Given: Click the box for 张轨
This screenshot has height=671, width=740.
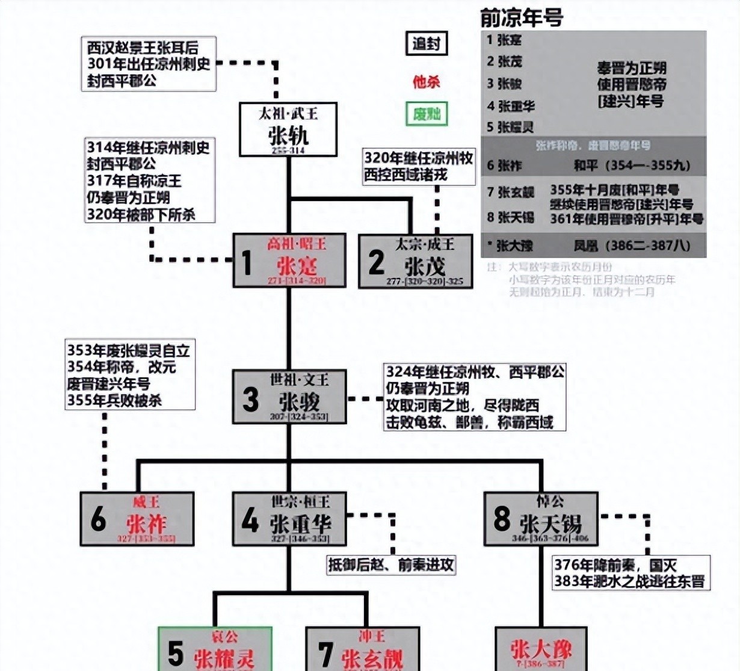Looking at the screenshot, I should click(x=288, y=129).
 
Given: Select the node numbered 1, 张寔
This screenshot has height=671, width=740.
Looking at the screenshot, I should click(x=289, y=261).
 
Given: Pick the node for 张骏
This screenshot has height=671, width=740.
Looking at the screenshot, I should click(x=289, y=397).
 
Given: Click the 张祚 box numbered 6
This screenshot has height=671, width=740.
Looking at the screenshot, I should click(x=137, y=519).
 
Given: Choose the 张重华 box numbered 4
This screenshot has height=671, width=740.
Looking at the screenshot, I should click(x=289, y=519).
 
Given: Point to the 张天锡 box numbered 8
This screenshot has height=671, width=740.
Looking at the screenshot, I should click(x=541, y=519).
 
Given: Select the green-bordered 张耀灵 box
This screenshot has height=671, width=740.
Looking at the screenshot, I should click(x=215, y=650).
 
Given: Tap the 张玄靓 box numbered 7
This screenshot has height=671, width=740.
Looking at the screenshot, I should click(x=363, y=650).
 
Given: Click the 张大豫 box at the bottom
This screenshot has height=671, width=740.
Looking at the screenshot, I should click(x=541, y=650).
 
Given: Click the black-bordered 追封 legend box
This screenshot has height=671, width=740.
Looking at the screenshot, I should click(x=427, y=43).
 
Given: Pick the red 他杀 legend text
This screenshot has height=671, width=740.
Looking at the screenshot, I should click(x=427, y=81).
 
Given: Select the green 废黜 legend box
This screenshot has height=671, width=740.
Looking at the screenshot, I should click(x=427, y=114).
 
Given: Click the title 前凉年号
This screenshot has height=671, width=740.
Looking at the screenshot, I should click(x=522, y=18).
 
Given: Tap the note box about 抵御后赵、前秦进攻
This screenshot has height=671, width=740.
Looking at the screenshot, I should click(x=391, y=564).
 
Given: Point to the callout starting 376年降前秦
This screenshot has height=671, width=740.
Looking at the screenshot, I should click(x=631, y=573).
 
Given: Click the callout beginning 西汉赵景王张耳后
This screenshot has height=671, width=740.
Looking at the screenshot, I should click(x=149, y=64).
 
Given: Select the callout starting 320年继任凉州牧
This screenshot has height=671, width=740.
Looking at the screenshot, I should click(x=419, y=167).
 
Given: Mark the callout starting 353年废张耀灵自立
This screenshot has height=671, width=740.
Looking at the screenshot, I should click(x=130, y=375).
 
